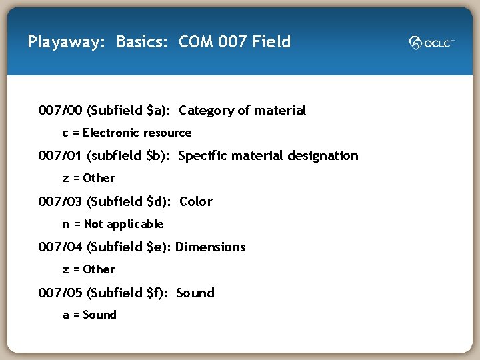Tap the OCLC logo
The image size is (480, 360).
point(432,43)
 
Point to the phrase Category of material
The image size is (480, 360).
point(243,110)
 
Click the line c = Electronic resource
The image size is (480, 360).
point(127,133)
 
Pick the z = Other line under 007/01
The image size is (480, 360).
point(89,178)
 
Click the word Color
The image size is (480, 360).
point(196,201)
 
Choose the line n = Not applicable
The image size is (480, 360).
point(113,224)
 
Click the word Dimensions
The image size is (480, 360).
point(211,247)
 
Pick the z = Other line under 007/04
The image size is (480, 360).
point(89,269)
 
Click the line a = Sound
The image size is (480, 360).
point(89,315)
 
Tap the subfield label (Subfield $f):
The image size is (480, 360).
point(129,293)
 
